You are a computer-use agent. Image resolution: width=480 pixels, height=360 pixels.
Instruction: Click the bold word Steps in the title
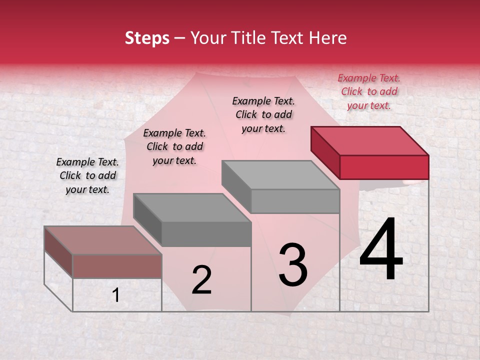click(147, 38)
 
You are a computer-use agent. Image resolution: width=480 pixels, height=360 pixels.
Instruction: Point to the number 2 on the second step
click(201, 279)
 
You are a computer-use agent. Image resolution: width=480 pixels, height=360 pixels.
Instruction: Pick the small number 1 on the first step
click(116, 295)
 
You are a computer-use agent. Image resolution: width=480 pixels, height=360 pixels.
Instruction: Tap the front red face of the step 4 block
click(384, 167)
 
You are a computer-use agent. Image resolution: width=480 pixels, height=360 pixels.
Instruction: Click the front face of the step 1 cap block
click(117, 266)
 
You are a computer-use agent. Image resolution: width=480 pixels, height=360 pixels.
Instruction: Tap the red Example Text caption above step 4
click(369, 91)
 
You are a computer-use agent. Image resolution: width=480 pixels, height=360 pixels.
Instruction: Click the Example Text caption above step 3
click(263, 114)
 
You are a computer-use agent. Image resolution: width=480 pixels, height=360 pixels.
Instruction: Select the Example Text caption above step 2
click(174, 146)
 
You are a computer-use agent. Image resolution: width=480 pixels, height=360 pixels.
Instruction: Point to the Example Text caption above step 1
click(87, 175)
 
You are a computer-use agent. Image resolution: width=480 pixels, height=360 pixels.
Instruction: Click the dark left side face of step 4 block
click(325, 152)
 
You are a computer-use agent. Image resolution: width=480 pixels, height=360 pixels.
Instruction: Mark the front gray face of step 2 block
click(206, 234)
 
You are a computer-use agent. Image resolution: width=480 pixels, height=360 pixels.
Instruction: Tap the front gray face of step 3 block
click(295, 201)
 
